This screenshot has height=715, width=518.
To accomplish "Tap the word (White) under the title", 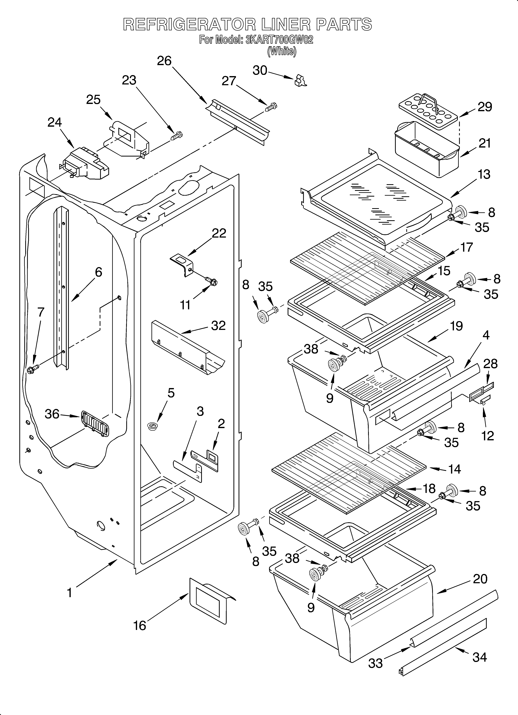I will [282, 51].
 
